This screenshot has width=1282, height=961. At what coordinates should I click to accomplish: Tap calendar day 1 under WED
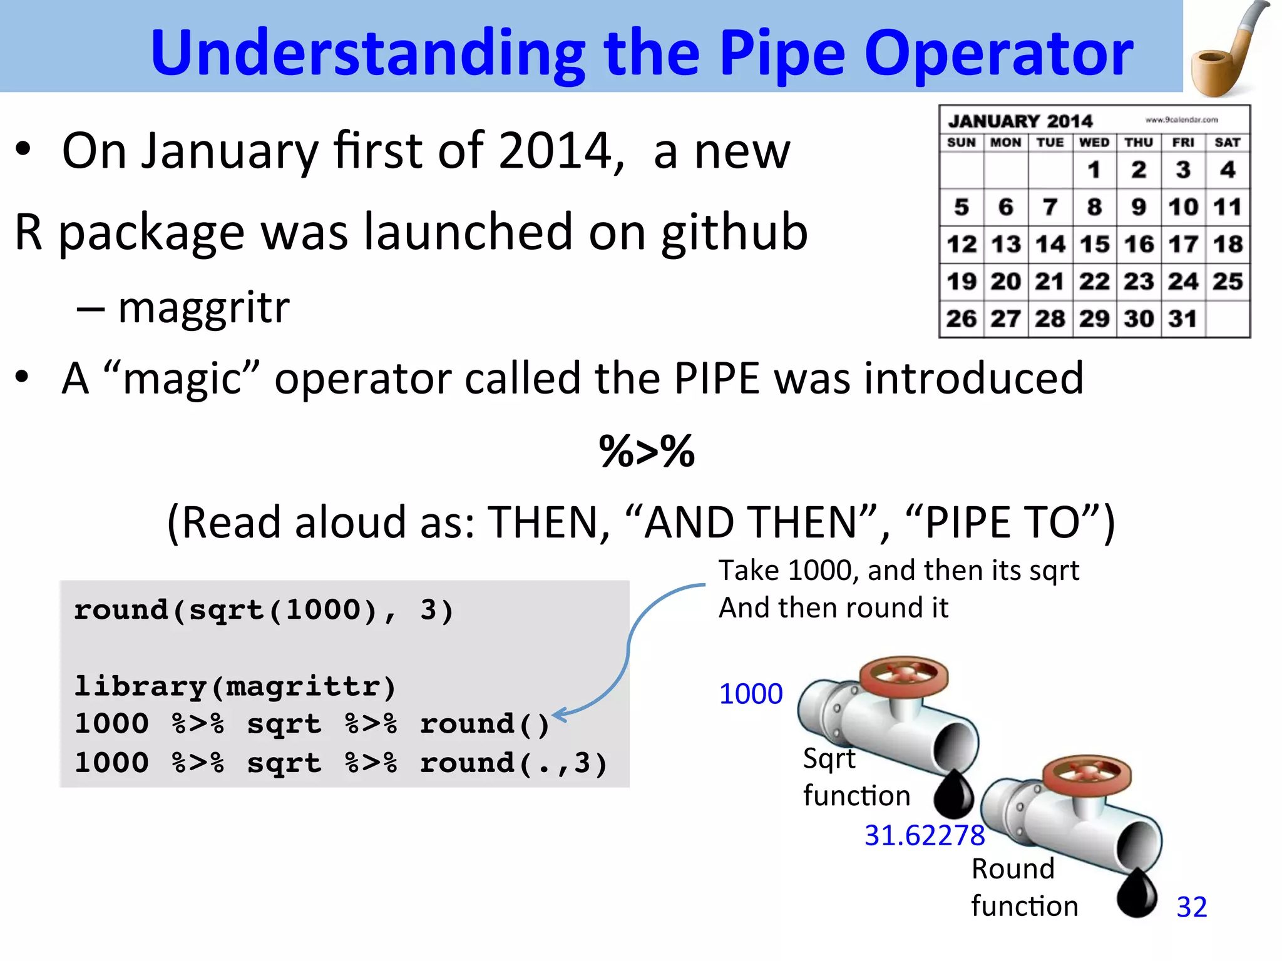click(1094, 170)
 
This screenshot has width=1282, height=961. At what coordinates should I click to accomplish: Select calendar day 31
click(1182, 318)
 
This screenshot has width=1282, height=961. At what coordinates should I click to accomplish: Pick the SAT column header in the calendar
click(1227, 143)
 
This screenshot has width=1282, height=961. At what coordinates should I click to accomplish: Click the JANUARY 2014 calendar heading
click(1020, 121)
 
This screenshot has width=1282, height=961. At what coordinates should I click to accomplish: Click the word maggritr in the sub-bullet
click(203, 307)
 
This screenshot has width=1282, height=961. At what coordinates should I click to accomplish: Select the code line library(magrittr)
click(235, 686)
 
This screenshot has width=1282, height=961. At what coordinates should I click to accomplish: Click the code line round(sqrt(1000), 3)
click(263, 610)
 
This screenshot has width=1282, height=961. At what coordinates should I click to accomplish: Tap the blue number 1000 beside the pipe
click(751, 694)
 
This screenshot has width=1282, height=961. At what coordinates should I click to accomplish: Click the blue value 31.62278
click(924, 835)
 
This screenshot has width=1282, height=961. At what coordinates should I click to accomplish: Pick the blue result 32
click(1191, 907)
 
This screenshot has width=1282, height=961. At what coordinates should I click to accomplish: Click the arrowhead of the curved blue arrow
click(559, 714)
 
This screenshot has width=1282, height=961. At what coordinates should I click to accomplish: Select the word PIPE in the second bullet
click(717, 379)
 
